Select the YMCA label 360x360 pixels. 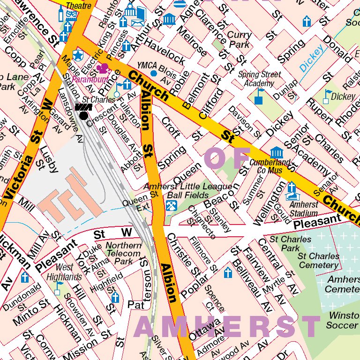point(146,66)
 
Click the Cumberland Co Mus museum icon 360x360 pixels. point(277,152)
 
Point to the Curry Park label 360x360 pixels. point(239,39)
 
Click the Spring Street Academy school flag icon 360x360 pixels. point(258,96)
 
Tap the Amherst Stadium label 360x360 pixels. point(303,209)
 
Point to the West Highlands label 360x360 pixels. point(64,272)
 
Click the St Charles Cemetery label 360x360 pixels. point(318,261)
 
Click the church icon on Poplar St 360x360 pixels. point(228,273)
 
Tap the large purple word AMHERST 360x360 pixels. point(227,327)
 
